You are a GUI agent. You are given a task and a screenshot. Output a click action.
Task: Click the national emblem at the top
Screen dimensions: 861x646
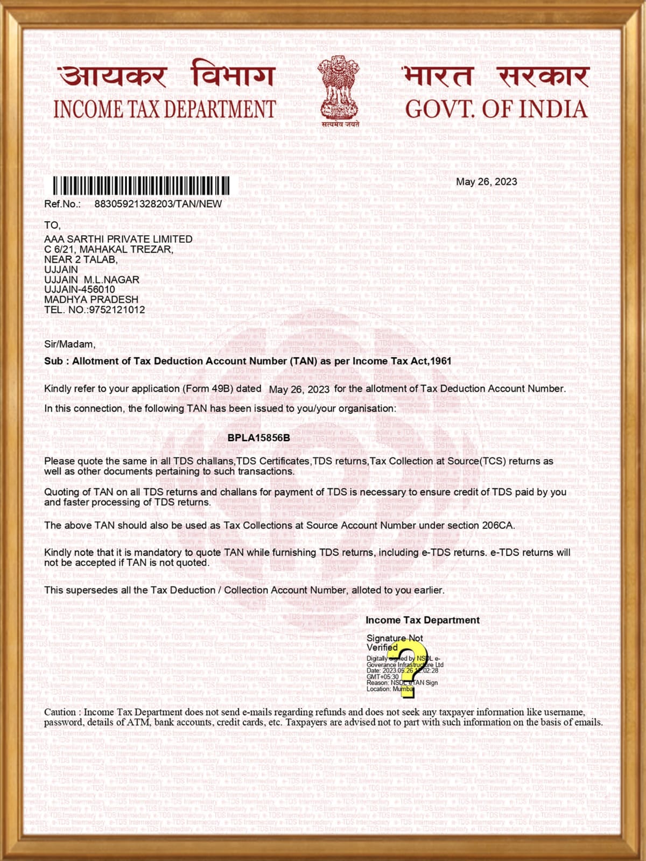coord(338,89)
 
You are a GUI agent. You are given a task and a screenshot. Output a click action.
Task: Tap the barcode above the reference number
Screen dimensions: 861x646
coord(141,186)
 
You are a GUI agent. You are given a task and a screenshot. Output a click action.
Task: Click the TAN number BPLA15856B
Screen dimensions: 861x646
coord(258,437)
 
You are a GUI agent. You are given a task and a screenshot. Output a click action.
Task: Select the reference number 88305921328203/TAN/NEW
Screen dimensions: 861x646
coord(158,204)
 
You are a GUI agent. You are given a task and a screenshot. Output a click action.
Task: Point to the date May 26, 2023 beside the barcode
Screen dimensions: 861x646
coord(486,182)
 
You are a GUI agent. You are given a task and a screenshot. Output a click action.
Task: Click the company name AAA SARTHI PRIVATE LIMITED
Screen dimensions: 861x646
coord(118,239)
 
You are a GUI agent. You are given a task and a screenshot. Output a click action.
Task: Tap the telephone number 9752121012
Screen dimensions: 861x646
coord(117,309)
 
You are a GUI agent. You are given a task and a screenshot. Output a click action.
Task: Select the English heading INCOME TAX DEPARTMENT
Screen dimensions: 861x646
coord(164,109)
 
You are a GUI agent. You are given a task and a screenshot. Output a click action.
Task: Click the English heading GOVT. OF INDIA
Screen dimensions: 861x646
coord(496,109)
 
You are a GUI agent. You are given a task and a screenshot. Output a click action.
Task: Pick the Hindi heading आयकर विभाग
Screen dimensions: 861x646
coord(167,75)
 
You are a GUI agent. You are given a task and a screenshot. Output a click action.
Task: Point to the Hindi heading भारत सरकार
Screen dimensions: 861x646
coord(496,76)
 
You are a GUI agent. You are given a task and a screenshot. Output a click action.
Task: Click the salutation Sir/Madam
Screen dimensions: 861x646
coord(69,344)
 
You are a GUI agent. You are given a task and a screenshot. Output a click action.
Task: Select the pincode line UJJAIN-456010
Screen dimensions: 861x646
coord(79,290)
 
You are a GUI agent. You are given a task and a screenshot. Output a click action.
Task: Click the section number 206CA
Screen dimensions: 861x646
coord(498,525)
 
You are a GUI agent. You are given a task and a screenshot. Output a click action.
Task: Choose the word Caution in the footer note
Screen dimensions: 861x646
coord(61,712)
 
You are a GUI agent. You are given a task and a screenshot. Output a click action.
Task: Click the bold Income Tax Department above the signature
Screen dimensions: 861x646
coord(422,620)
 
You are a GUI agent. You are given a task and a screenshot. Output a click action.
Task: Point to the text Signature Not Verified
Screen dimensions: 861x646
coord(394,643)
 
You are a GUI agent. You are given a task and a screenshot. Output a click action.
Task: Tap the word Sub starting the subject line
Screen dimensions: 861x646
coord(53,361)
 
